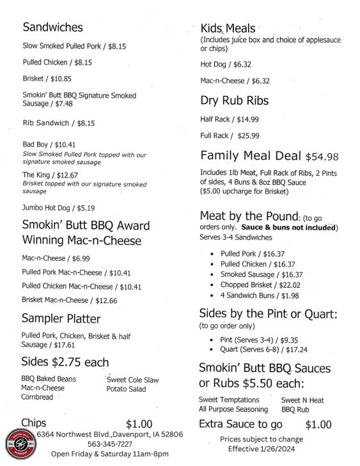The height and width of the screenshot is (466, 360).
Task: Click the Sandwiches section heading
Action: (52, 27)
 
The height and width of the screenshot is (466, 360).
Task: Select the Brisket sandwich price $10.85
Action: (61, 79)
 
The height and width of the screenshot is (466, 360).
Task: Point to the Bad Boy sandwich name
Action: (36, 144)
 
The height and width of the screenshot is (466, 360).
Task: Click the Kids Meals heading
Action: (228, 28)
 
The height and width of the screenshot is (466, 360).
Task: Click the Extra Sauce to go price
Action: (318, 424)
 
